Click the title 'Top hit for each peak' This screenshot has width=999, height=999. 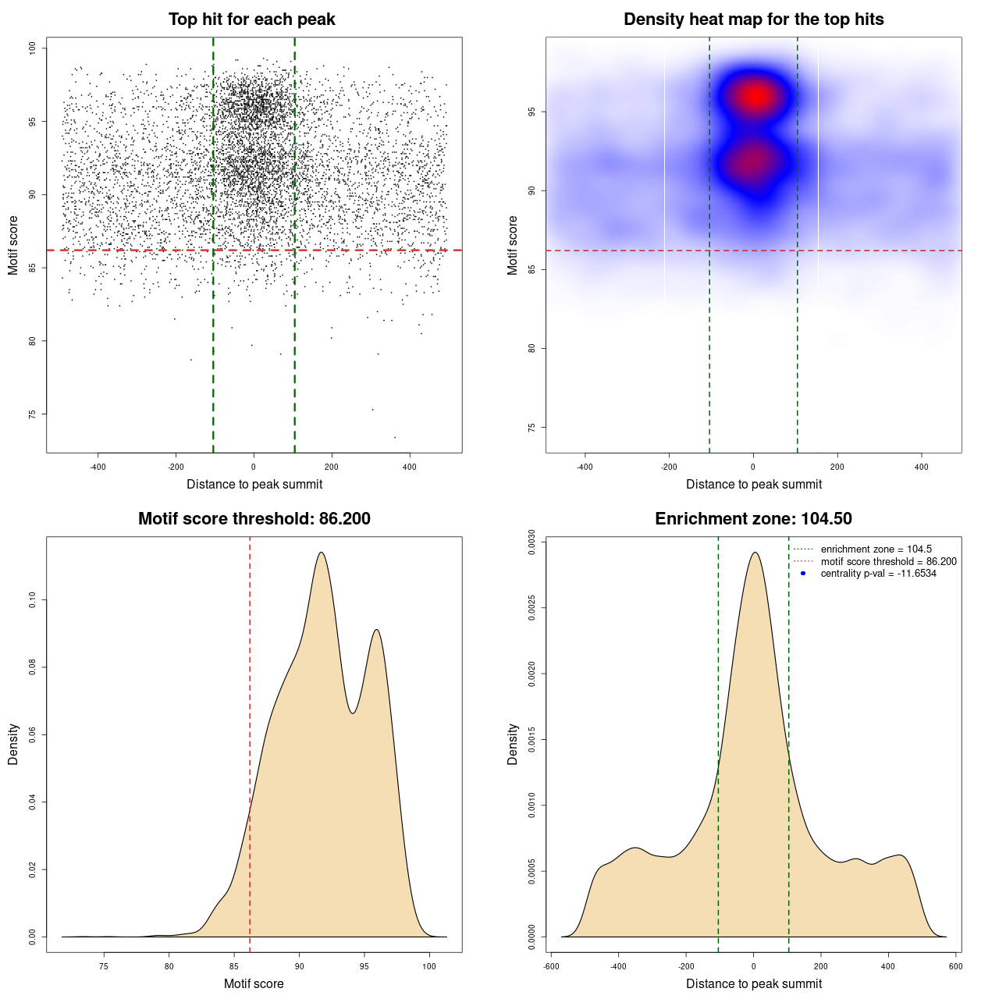click(251, 20)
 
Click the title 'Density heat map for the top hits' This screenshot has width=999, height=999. click(753, 20)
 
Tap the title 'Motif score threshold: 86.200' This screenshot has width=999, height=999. click(254, 519)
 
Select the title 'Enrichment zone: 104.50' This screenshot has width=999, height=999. click(753, 519)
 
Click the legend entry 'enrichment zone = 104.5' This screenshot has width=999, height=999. click(876, 549)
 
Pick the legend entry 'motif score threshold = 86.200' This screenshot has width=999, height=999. click(888, 561)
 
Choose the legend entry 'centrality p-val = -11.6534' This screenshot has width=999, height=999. click(878, 574)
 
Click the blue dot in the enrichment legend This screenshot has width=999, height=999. click(803, 574)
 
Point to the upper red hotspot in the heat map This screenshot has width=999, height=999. click(755, 96)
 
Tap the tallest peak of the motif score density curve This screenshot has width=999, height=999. click(321, 553)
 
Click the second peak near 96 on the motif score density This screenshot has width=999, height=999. click(376, 630)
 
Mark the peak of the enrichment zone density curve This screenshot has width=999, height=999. click(754, 553)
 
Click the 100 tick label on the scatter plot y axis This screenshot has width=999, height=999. click(33, 48)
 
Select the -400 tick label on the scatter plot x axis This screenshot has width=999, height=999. click(98, 467)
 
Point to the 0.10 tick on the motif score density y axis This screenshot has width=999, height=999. click(33, 600)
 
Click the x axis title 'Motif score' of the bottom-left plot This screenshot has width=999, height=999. click(254, 983)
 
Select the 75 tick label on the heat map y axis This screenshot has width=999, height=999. click(532, 428)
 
